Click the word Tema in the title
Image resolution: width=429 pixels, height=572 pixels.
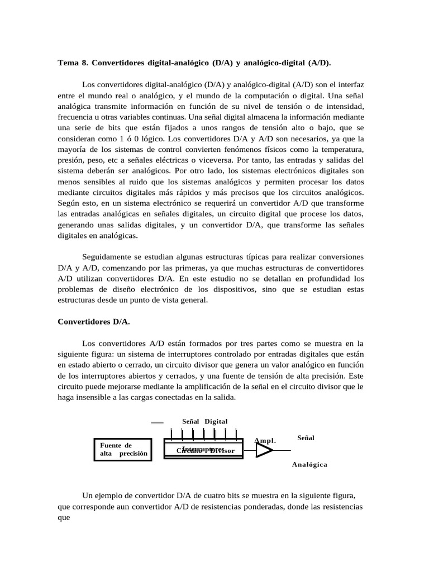68,63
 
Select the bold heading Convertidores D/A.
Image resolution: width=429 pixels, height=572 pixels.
94,322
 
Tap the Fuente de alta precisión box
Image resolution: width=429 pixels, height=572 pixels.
122,449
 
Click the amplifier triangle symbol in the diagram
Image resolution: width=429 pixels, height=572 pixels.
264,450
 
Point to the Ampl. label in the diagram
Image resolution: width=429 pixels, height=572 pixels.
265,440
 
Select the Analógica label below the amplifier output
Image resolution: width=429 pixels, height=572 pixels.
309,464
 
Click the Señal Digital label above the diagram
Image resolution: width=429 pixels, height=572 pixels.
205,421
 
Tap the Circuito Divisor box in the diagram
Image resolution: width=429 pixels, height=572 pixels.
203,450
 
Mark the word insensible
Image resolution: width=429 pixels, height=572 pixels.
96,397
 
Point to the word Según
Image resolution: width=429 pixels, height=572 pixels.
68,203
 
